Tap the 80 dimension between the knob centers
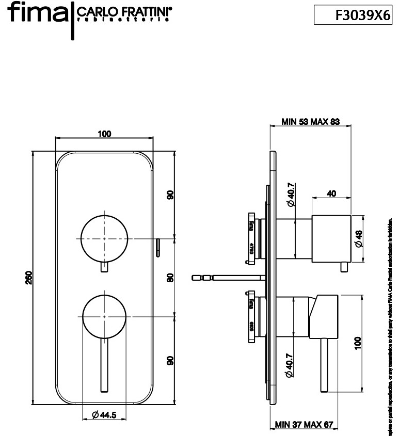pyautogui.click(x=170, y=277)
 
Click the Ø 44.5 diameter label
pyautogui.click(x=104, y=415)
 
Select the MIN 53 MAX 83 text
pyautogui.click(x=310, y=122)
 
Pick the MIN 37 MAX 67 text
pyautogui.click(x=306, y=425)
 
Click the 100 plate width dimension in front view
pyautogui.click(x=104, y=134)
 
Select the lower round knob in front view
pyautogui.click(x=104, y=315)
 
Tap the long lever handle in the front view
pyautogui.click(x=104, y=366)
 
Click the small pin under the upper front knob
pyautogui.click(x=104, y=267)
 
